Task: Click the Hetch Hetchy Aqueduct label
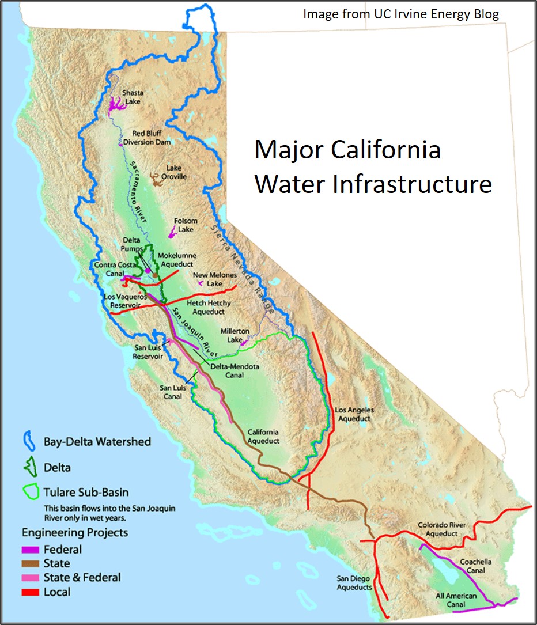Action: (x=209, y=307)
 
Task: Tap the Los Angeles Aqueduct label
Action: (x=354, y=414)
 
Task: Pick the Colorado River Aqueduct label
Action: (x=437, y=529)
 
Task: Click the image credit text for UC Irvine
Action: (x=401, y=13)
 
